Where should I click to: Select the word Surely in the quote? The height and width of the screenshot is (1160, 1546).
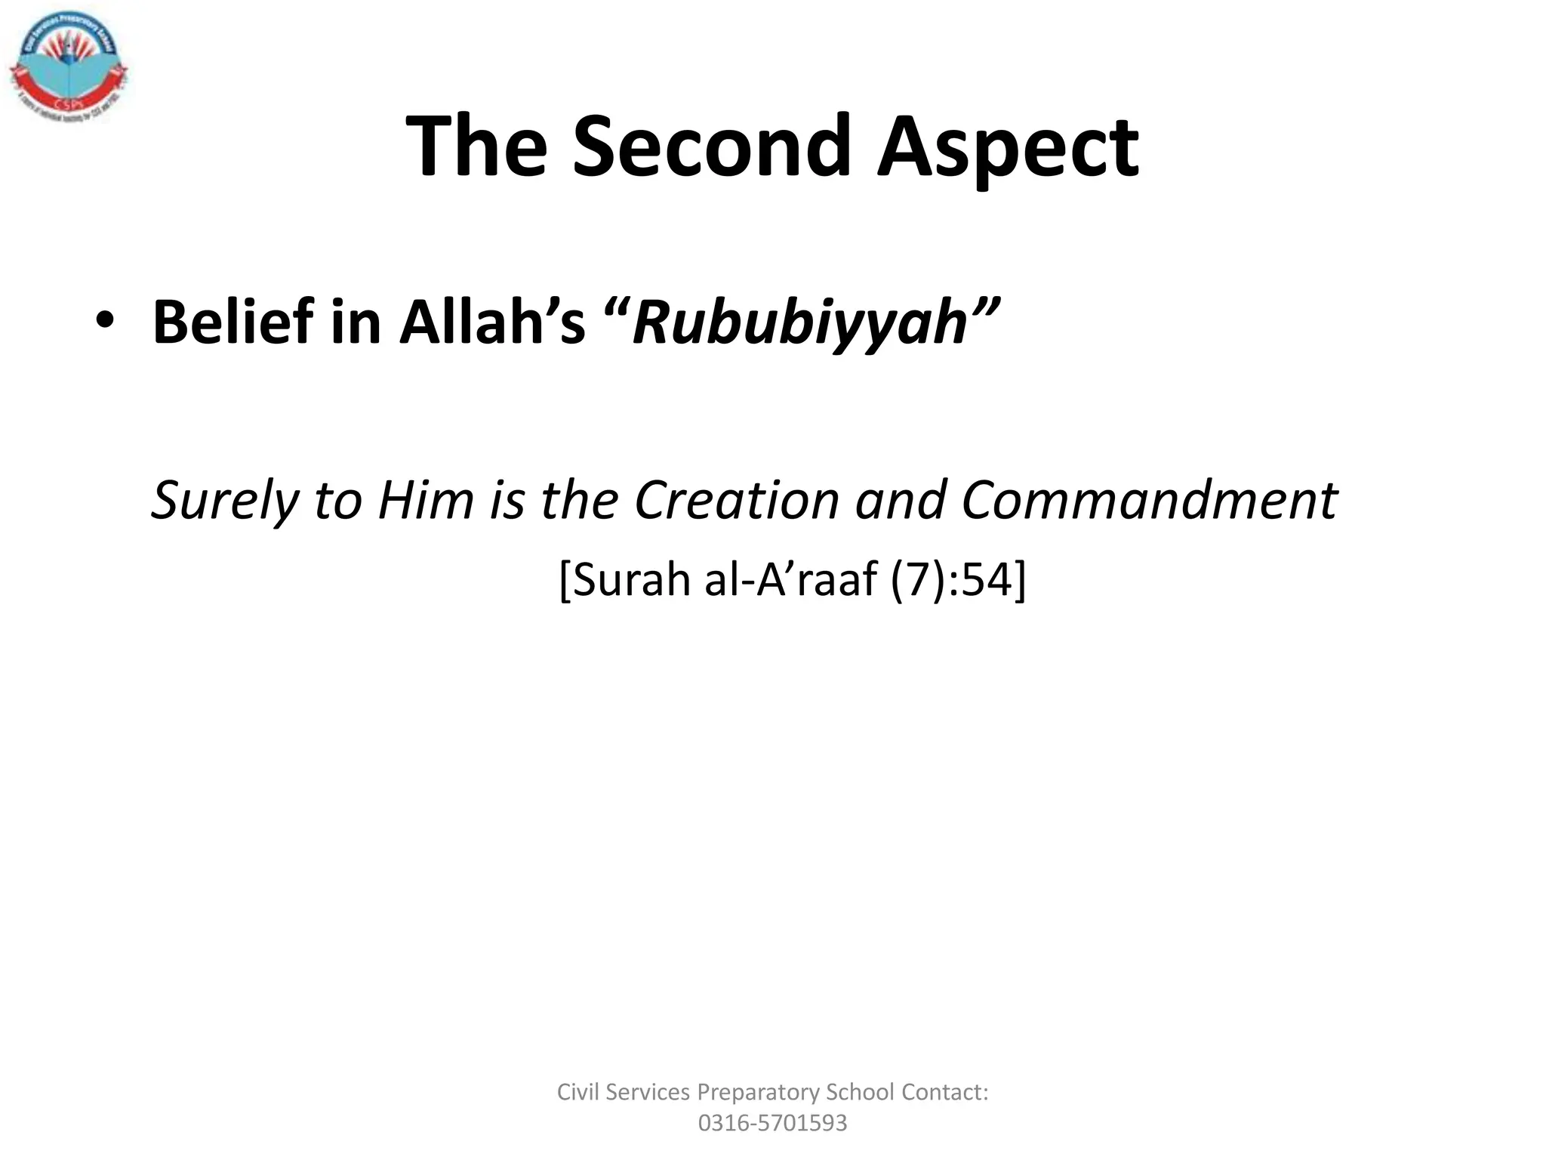224,501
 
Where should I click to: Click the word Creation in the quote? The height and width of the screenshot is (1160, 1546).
737,501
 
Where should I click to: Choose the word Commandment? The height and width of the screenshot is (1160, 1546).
1149,501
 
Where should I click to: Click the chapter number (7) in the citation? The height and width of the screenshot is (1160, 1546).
916,580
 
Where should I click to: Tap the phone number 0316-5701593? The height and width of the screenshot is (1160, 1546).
772,1123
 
